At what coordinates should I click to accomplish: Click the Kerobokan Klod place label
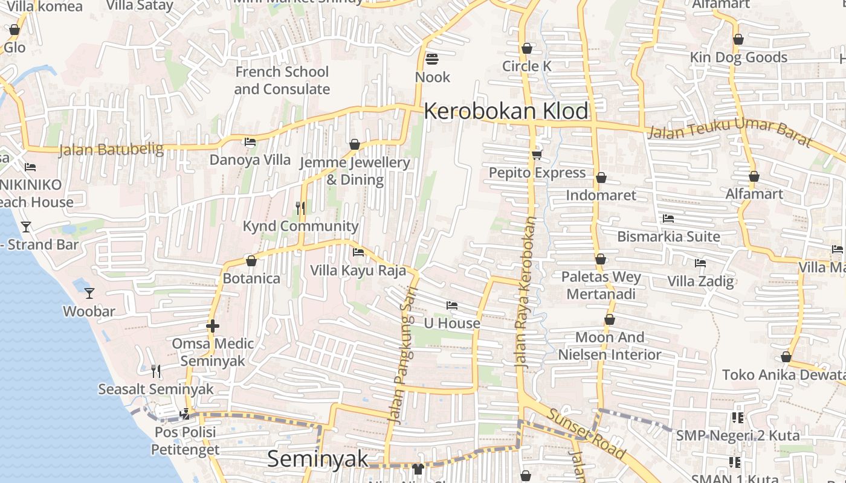[506, 111]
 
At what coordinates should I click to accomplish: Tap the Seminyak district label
[317, 459]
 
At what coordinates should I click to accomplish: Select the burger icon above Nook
[432, 59]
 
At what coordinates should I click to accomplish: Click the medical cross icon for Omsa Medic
[212, 326]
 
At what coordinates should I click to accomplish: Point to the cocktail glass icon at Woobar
[89, 293]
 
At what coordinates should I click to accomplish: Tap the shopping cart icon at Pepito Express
[537, 155]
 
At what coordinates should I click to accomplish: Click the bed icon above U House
[451, 305]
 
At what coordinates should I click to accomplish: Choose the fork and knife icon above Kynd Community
[300, 208]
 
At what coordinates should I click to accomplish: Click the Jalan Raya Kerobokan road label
[526, 293]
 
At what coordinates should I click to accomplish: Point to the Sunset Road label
[587, 432]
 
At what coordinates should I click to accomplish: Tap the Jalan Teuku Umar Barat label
[729, 132]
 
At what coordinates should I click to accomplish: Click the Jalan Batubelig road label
[111, 149]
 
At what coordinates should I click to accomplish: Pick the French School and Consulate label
[282, 80]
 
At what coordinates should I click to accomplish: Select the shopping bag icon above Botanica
[251, 261]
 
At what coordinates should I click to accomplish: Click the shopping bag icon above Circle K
[527, 48]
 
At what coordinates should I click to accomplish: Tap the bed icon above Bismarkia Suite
[668, 219]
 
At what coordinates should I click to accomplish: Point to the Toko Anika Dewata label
[783, 374]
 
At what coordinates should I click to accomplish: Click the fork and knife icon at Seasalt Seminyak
[156, 371]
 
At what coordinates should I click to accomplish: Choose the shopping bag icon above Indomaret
[601, 178]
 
